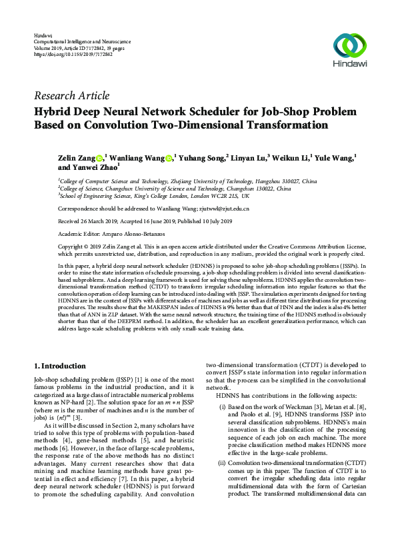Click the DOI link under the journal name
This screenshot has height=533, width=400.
click(x=73, y=55)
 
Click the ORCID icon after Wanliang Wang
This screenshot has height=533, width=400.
click(x=169, y=158)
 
